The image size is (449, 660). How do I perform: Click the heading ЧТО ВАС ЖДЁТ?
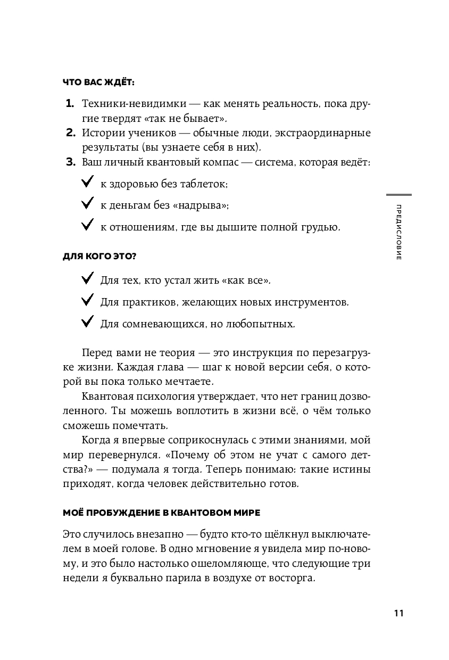98,83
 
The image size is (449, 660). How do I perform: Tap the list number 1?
70,103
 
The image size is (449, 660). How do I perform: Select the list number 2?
70,133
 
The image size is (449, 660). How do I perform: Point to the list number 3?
70,162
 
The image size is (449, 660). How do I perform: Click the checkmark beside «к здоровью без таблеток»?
87,184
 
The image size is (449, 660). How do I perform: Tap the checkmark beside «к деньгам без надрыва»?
87,205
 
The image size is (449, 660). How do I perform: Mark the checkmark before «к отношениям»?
87,226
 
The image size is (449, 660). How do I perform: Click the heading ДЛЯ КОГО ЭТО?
99,257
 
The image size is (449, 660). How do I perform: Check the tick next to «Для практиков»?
87,302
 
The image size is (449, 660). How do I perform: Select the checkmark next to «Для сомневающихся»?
87,323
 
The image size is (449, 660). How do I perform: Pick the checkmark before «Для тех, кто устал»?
87,279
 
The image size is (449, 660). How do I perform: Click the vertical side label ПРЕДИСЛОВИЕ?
399,232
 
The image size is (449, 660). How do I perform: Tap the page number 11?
399,613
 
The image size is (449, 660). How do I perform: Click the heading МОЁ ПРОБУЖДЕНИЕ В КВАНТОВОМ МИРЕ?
161,513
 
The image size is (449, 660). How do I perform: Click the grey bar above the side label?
398,195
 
